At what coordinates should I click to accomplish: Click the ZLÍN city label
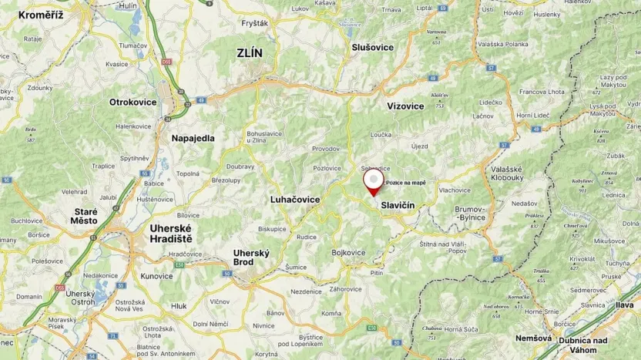click(x=250, y=53)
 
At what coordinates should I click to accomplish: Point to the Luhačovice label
click(x=295, y=199)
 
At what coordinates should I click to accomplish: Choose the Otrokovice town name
click(x=133, y=102)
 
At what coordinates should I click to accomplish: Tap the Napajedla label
click(x=193, y=138)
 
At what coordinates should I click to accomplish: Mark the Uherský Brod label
click(x=251, y=257)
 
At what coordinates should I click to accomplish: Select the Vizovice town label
click(x=405, y=106)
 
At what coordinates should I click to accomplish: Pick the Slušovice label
click(x=372, y=47)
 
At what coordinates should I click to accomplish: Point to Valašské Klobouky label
click(x=507, y=173)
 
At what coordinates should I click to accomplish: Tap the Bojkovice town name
click(x=347, y=252)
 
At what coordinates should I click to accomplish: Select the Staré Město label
click(x=86, y=216)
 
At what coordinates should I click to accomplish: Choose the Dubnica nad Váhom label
click(x=583, y=345)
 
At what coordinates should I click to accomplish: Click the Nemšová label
click(x=533, y=338)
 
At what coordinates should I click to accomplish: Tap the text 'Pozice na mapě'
click(x=405, y=183)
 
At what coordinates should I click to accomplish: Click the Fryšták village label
click(x=254, y=24)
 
